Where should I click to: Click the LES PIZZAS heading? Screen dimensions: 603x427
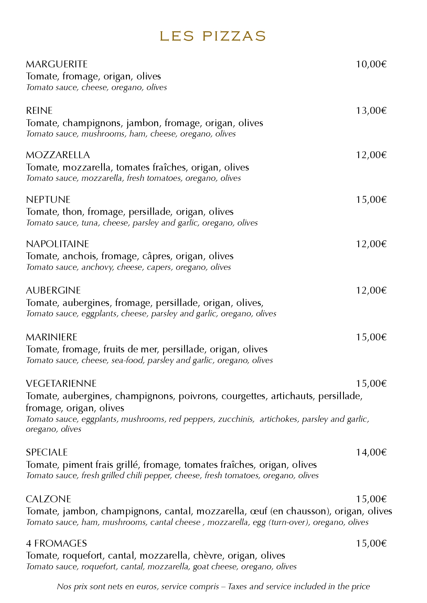213,36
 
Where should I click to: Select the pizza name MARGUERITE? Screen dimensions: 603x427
57,64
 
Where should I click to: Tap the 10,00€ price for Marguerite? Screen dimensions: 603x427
371,64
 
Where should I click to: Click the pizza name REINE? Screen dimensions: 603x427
39,111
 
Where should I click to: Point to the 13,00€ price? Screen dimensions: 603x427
371,111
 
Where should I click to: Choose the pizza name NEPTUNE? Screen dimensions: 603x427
48,200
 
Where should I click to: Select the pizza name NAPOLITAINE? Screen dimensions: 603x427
57,244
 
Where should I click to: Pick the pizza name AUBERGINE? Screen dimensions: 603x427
53,290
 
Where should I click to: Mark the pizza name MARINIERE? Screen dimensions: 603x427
52,337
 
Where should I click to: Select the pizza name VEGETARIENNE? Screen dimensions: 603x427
61,384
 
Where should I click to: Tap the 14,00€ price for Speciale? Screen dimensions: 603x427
371,452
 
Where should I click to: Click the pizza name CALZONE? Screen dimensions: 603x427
49,499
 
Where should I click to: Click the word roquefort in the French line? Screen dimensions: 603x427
83,556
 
